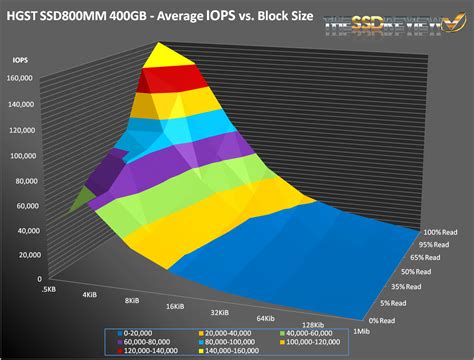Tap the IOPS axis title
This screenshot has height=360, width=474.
coord(20,60)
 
